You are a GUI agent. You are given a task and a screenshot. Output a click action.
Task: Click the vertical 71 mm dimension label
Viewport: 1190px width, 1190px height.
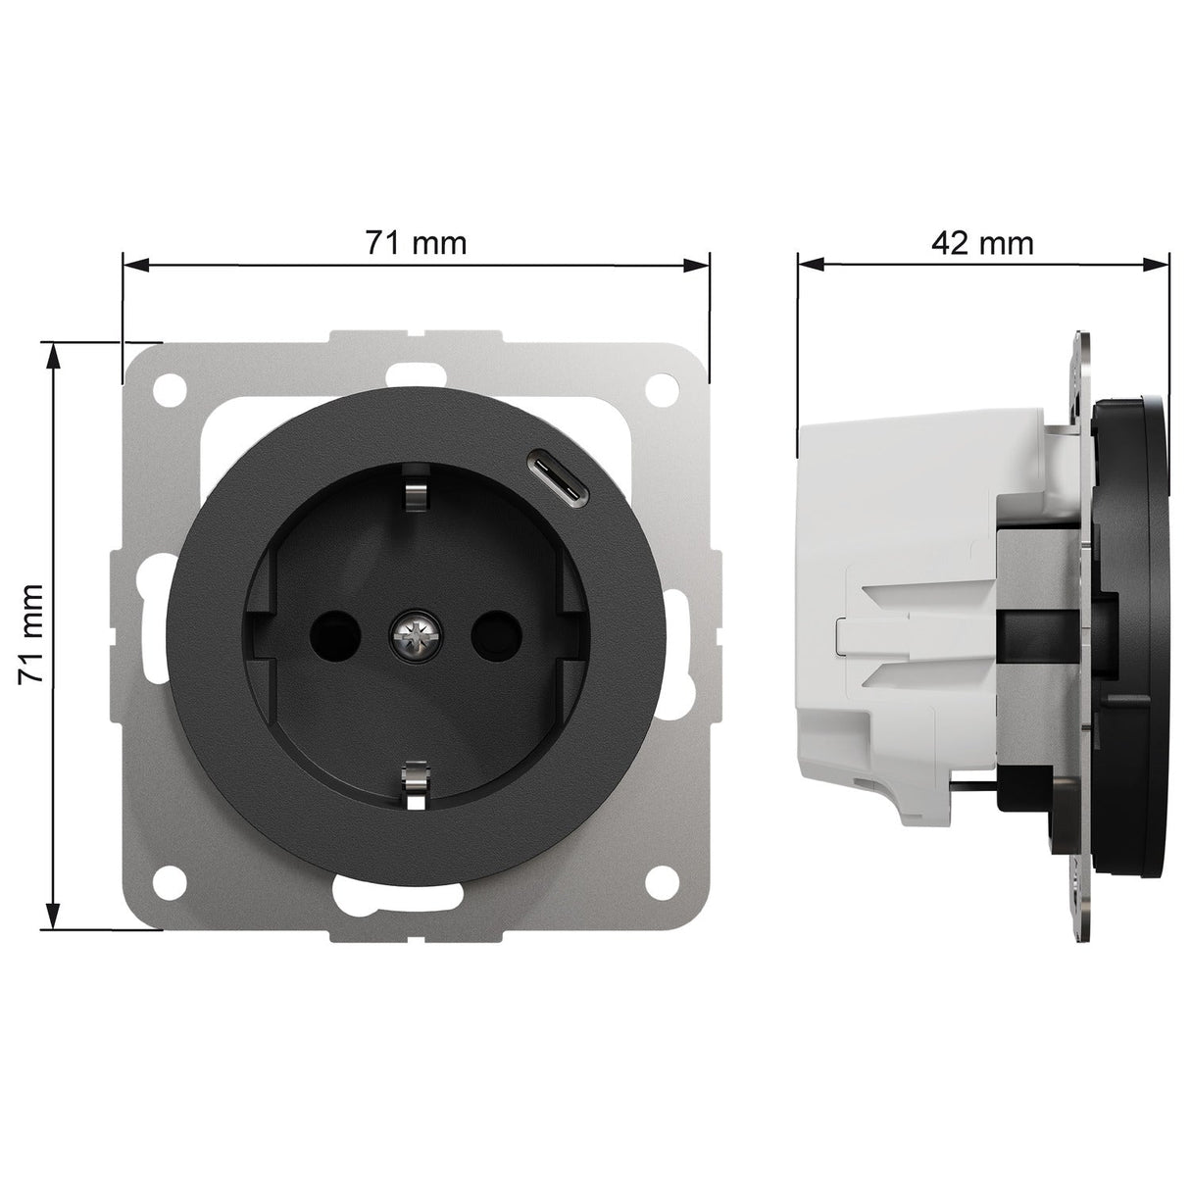coord(31,634)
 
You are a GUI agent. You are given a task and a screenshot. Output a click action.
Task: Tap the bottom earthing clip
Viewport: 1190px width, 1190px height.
coord(415,787)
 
